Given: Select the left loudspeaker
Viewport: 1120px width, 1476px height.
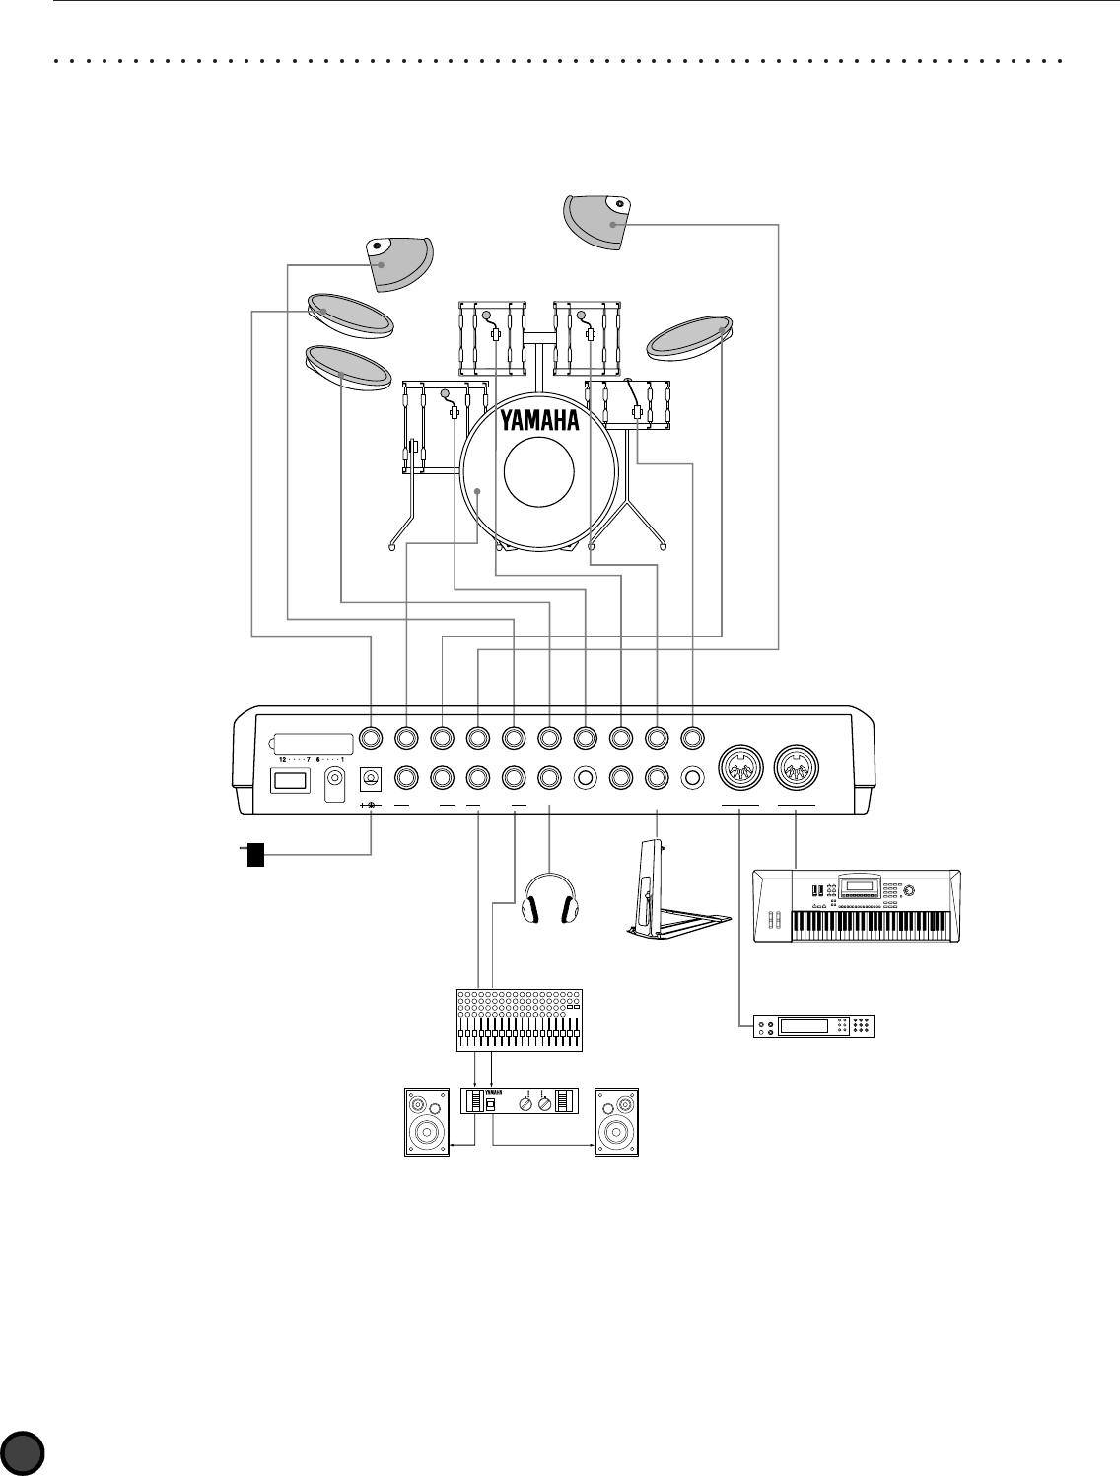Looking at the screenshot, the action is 427,1121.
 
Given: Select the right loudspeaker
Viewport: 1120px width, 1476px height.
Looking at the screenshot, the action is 617,1121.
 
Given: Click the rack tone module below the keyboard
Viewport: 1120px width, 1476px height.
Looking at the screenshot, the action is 812,1025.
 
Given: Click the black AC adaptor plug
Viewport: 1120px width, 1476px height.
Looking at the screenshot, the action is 255,854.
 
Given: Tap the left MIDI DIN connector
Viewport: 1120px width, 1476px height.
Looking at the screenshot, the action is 739,769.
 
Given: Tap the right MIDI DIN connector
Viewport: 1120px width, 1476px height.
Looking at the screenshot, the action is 795,769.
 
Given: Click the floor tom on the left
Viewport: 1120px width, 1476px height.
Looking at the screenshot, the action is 444,426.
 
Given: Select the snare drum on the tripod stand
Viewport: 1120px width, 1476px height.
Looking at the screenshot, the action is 628,404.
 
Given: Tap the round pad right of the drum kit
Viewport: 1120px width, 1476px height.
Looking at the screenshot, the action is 690,334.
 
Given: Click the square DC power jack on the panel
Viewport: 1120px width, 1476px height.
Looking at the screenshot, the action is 372,780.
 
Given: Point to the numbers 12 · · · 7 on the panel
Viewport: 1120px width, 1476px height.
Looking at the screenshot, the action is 294,760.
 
